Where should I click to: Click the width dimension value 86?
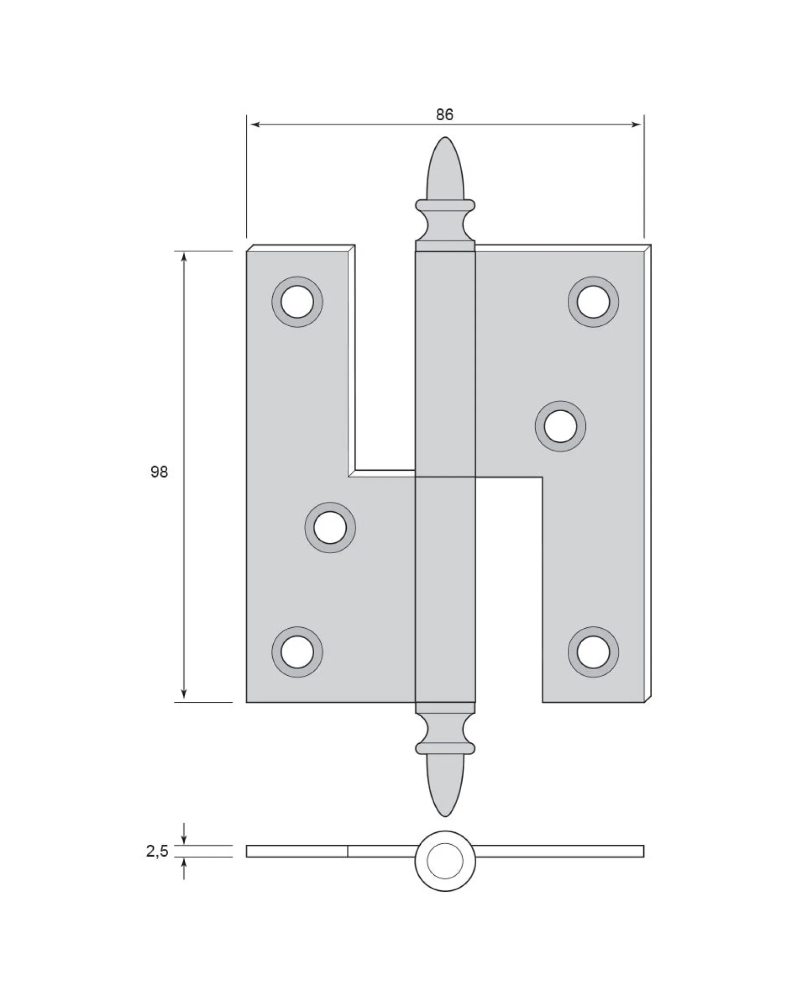point(444,114)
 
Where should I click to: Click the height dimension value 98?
point(159,472)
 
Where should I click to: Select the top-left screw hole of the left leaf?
point(297,302)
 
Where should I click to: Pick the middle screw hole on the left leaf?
point(330,528)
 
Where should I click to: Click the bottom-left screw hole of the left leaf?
point(297,652)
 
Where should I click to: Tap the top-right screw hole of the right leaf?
point(593,302)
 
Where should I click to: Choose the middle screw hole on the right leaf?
point(560,426)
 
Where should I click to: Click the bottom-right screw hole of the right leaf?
point(593,652)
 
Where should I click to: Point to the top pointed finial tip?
point(445,137)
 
